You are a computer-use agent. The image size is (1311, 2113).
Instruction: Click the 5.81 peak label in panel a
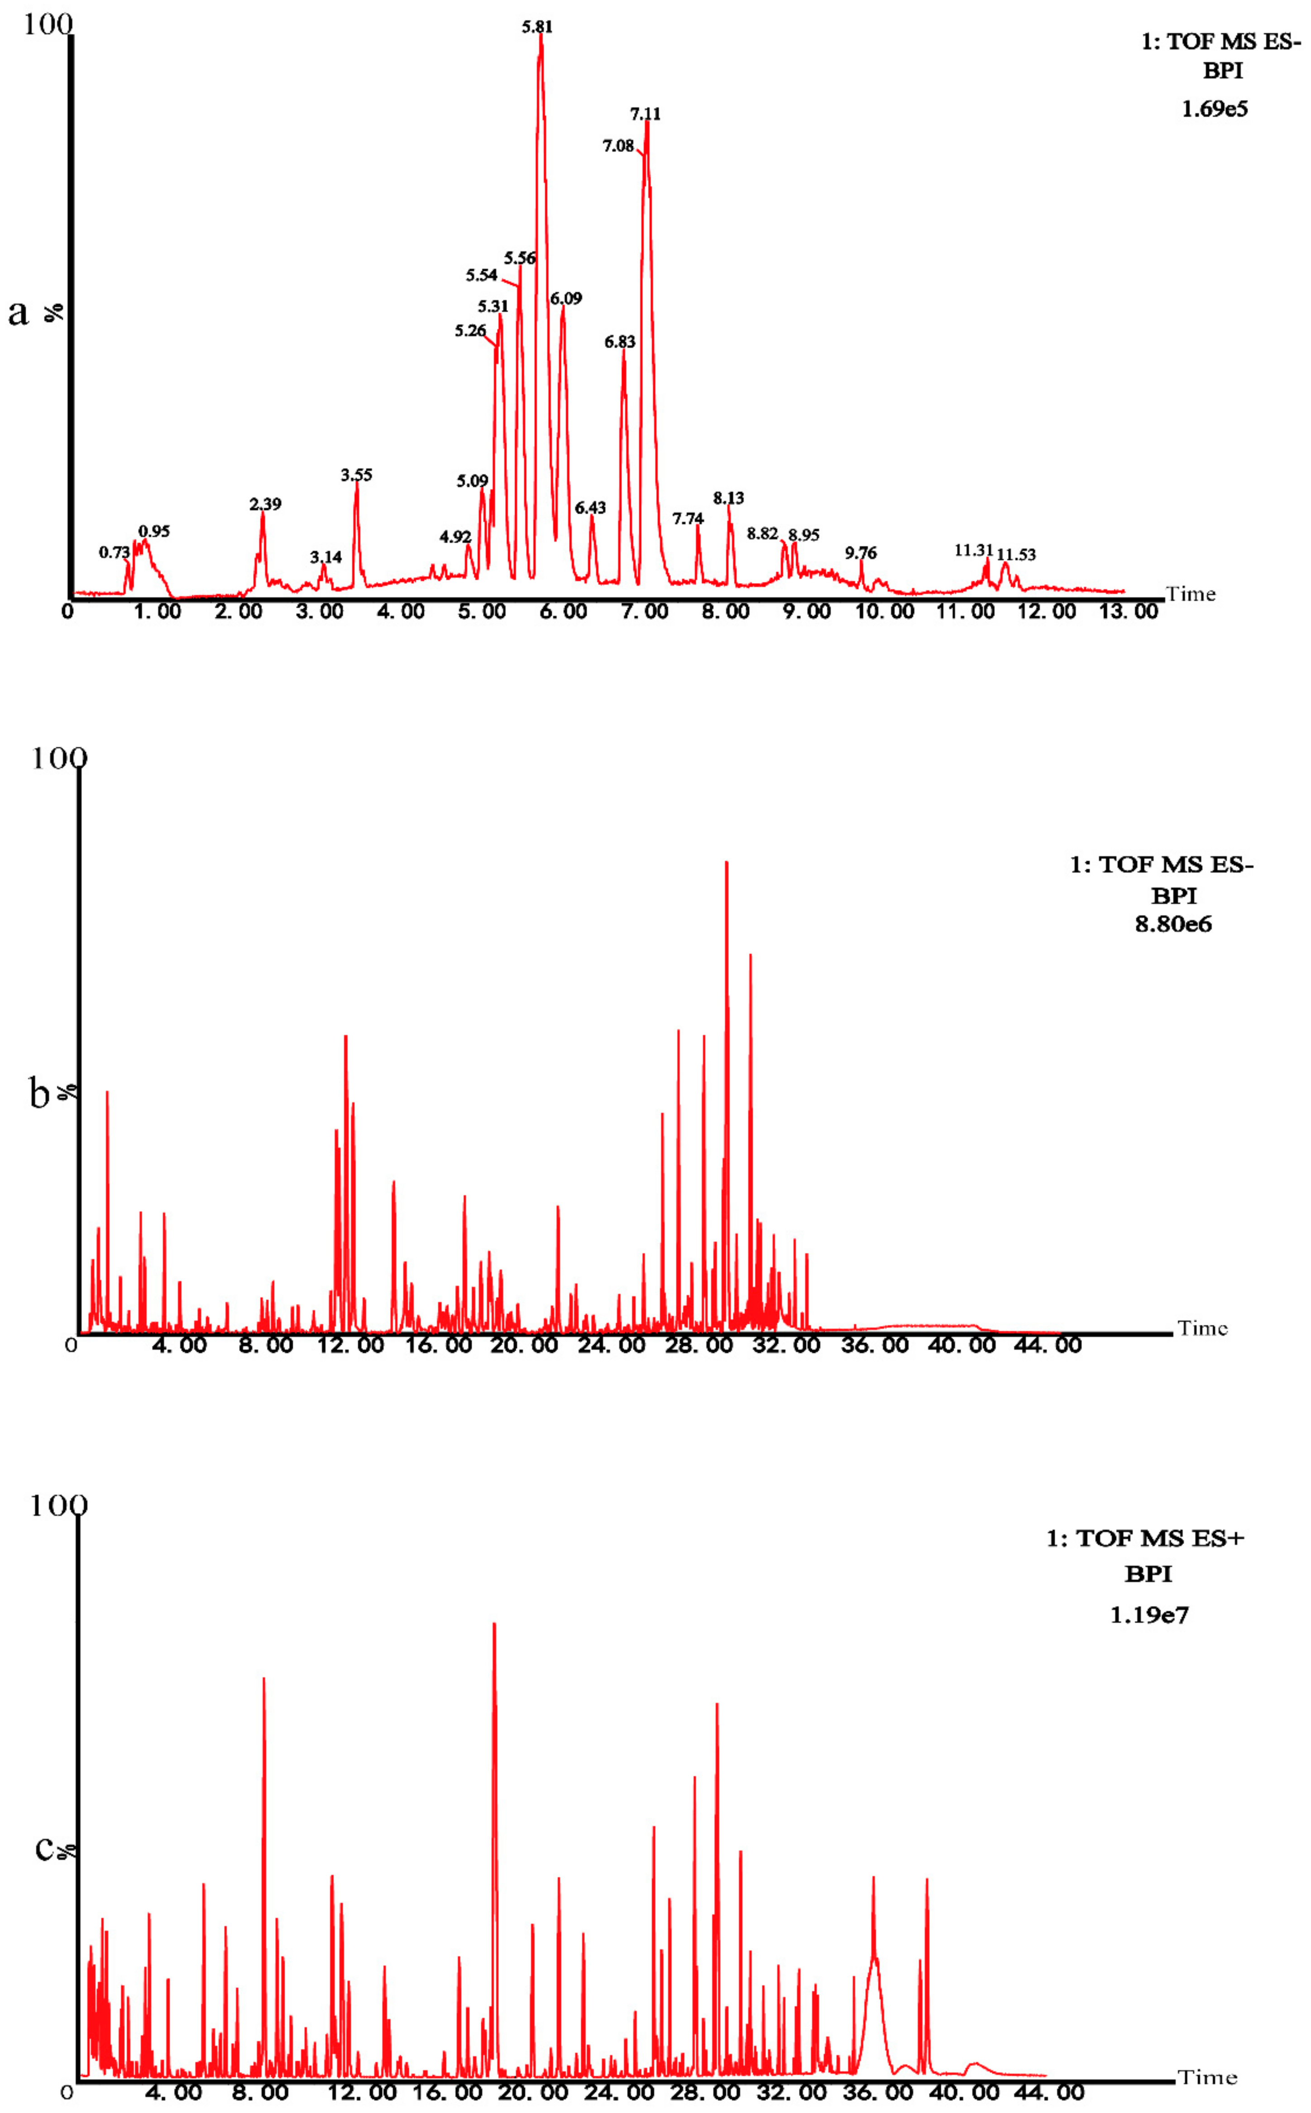tap(537, 27)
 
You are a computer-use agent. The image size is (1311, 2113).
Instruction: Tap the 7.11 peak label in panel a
tap(645, 114)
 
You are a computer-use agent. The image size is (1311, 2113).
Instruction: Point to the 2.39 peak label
tap(265, 504)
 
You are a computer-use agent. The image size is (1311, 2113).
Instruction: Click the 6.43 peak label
tap(590, 507)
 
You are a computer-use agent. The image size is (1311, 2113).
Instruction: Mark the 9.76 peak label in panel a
tap(861, 552)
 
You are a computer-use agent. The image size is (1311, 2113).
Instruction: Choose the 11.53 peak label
tap(1016, 554)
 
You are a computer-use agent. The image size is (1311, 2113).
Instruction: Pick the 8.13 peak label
tap(728, 497)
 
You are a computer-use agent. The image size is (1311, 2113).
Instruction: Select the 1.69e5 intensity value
tap(1215, 108)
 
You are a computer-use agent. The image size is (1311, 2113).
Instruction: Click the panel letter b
tap(39, 1093)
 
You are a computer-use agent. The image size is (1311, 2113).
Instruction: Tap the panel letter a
tap(17, 312)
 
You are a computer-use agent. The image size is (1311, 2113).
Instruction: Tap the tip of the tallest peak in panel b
tap(727, 862)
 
